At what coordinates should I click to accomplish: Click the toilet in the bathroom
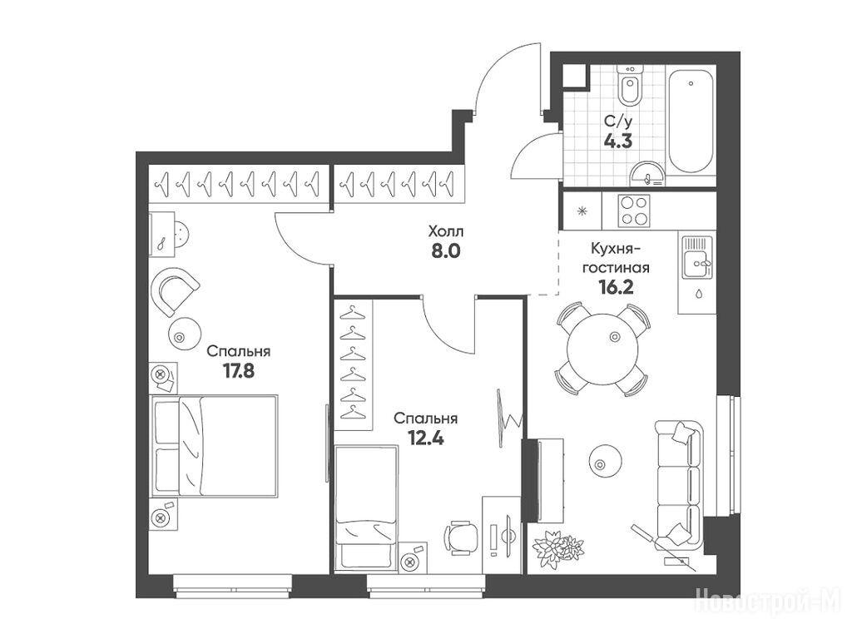(631, 86)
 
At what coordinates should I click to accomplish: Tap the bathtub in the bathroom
(691, 121)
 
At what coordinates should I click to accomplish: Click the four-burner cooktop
(634, 211)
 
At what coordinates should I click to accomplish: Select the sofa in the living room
(679, 483)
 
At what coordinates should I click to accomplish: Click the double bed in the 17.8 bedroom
(214, 446)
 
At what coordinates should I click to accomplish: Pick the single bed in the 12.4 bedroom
(366, 508)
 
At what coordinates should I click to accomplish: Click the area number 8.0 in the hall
(446, 253)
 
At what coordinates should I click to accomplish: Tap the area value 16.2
(616, 287)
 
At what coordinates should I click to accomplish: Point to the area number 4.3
(618, 142)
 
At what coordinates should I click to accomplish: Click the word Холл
(446, 232)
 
